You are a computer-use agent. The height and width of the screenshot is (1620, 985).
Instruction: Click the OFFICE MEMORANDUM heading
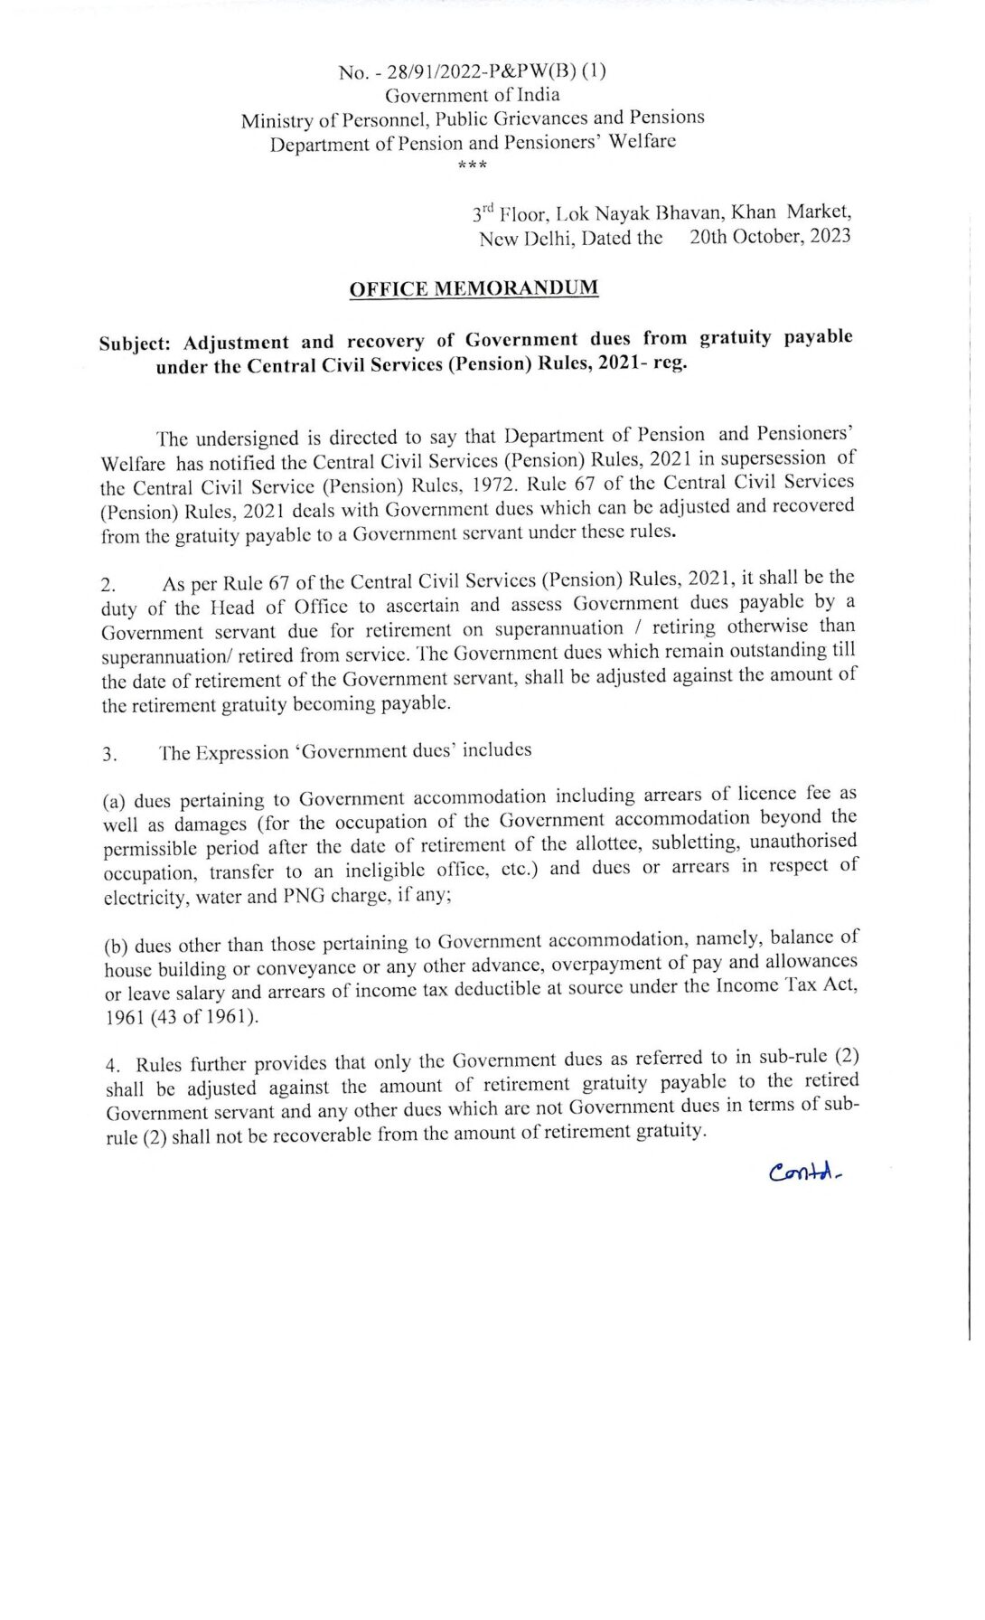tap(474, 289)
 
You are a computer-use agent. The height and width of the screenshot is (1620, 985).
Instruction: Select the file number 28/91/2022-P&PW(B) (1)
tap(487, 71)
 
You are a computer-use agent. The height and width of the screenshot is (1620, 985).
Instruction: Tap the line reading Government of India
tap(473, 95)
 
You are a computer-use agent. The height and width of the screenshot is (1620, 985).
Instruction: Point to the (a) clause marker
tap(114, 801)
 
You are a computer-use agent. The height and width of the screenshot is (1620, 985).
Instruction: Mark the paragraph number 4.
tap(110, 1066)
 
